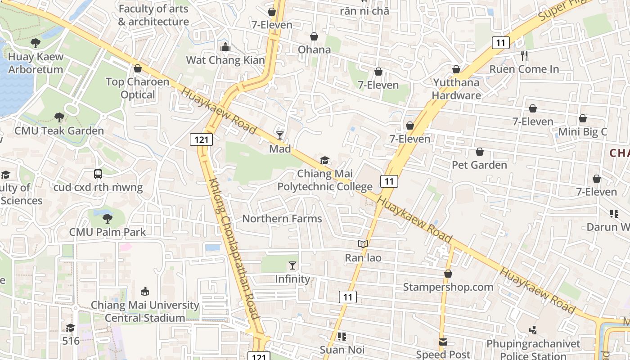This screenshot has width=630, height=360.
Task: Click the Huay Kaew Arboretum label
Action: pos(36,63)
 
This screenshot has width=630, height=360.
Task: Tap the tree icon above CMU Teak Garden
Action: pos(59,117)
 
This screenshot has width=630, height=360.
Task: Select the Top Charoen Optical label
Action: pos(138,88)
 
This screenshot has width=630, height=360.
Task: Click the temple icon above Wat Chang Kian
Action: pos(225,47)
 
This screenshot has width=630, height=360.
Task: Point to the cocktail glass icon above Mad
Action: pos(280,135)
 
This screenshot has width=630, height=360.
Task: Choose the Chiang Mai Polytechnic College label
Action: pos(325,180)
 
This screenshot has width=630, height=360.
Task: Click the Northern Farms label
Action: pos(282,219)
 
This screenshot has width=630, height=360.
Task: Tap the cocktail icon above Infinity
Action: pos(292,265)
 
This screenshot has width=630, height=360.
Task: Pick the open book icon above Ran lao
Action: pos(363,244)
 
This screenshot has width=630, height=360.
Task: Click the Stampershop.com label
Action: pos(448,287)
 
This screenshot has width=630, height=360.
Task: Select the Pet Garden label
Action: pos(479,165)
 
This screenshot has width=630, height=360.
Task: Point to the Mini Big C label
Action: pos(583,132)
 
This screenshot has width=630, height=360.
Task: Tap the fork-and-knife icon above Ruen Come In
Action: pos(524,56)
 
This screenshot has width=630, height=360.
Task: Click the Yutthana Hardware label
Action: pos(456,89)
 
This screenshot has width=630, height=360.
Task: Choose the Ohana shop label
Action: pos(315,49)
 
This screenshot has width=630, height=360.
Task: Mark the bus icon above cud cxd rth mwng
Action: pos(98,174)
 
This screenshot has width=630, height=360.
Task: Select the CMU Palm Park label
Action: pos(108,232)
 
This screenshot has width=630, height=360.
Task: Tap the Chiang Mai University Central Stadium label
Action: pos(145,311)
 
